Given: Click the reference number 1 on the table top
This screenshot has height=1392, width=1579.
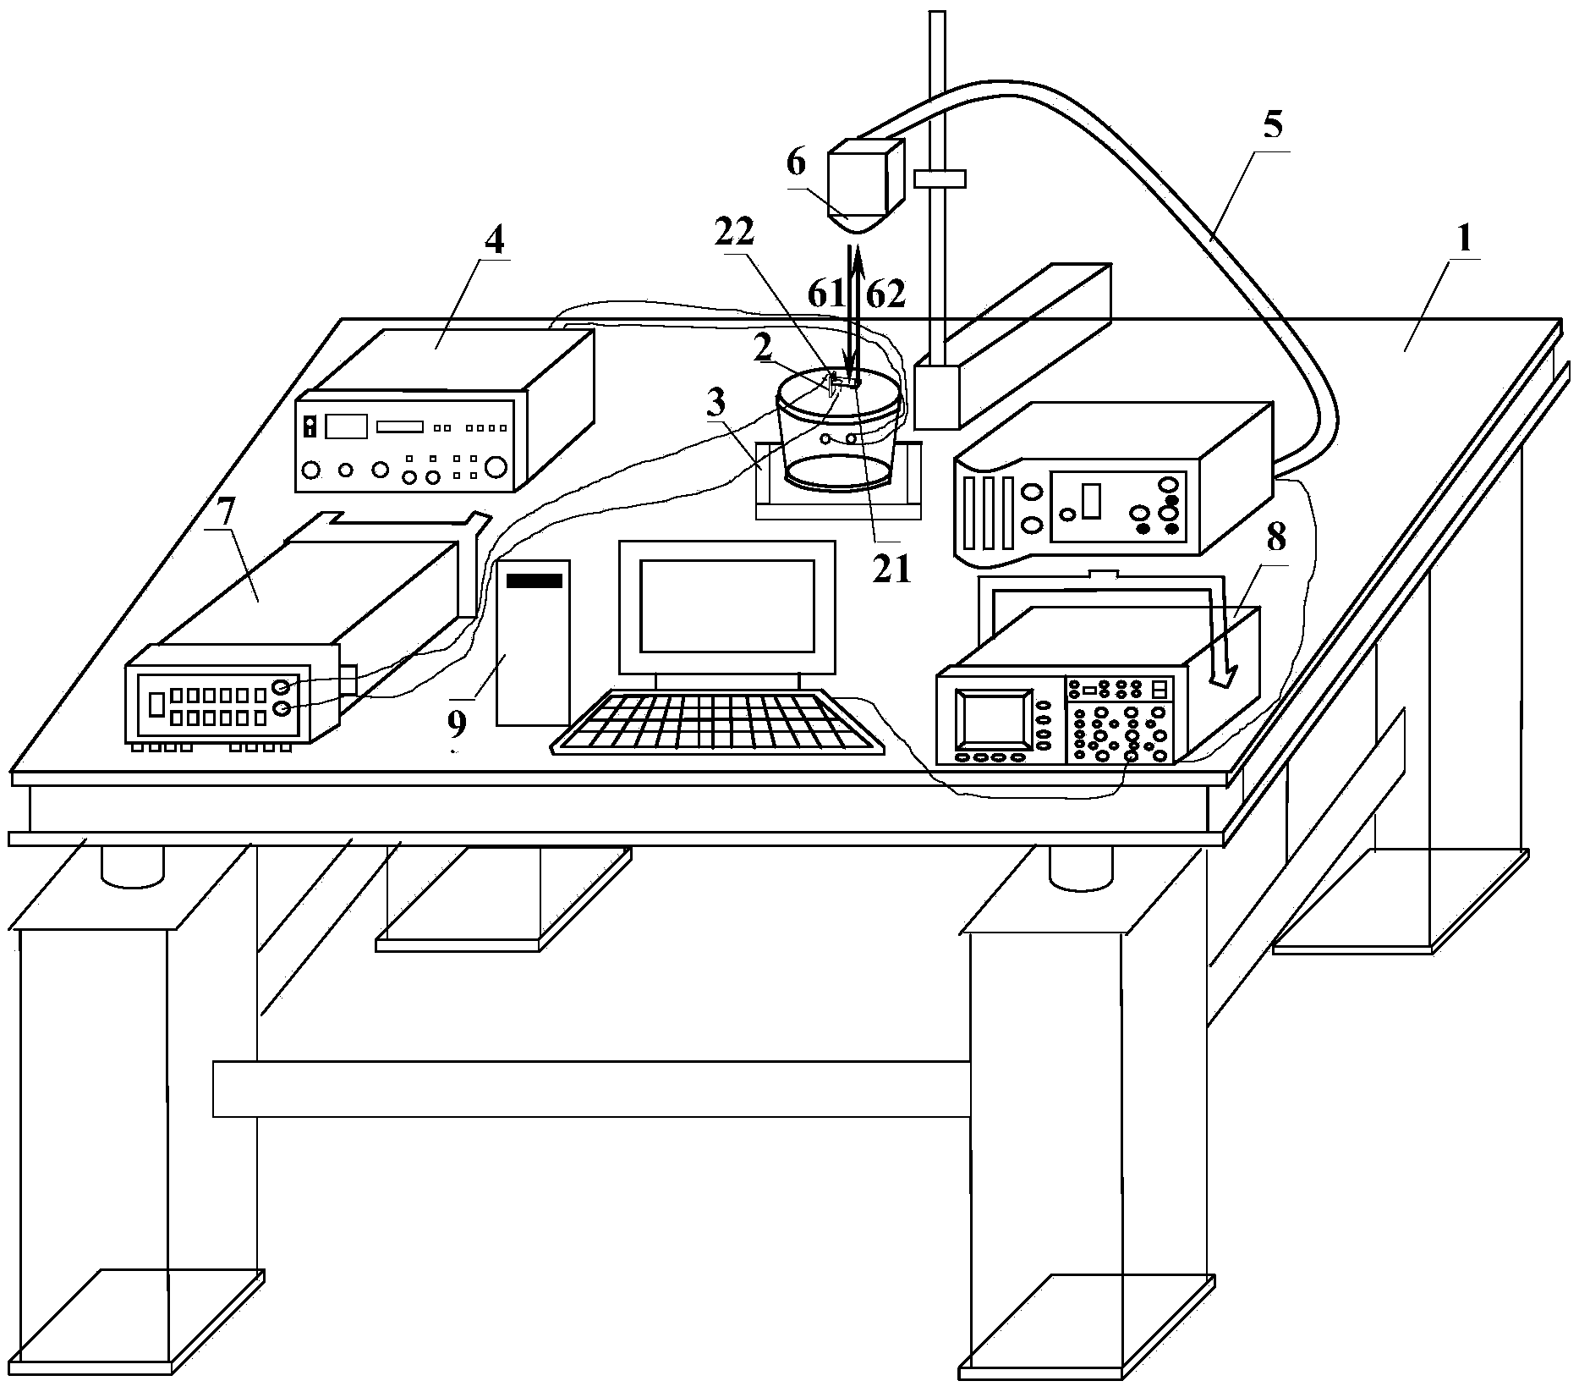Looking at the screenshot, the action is pos(1462,239).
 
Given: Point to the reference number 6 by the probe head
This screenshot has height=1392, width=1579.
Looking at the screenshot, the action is pos(797,163).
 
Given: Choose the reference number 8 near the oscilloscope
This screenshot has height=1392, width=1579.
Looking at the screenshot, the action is pos(1275,536).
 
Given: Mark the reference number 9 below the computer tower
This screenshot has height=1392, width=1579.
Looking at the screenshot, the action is pos(457,722).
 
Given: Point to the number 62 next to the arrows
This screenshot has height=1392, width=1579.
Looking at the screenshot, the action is pos(885,294).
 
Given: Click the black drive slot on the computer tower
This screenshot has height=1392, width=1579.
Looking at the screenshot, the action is pos(535,580).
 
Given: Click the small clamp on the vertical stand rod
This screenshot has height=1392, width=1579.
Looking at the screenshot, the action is pos(939,179).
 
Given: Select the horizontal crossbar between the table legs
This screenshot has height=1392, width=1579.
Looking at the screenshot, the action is pos(591,1089).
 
